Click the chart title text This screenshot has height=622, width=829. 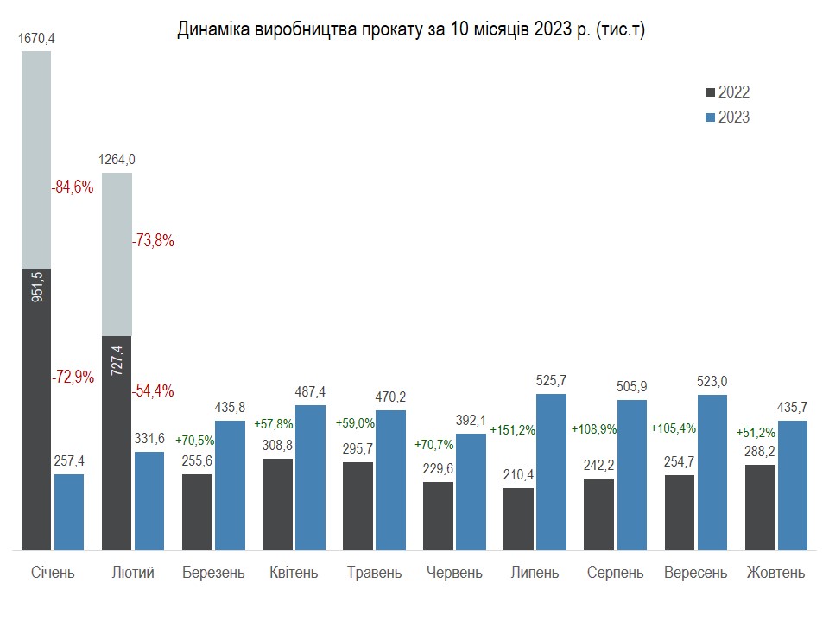click(411, 30)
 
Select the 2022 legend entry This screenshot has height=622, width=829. click(727, 92)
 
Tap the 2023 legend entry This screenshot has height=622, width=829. click(727, 117)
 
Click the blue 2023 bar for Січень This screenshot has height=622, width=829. click(69, 511)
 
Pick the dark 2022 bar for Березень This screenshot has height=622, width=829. click(197, 511)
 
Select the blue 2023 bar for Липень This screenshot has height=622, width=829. click(551, 472)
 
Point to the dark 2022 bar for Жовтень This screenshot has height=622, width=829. click(759, 507)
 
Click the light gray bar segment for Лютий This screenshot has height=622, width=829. click(117, 254)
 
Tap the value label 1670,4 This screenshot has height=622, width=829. click(36, 38)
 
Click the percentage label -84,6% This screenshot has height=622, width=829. click(73, 187)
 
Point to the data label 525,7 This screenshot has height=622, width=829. click(551, 380)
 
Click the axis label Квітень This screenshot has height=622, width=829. click(294, 573)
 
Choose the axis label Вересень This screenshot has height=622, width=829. click(695, 573)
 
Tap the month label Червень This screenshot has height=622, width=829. click(454, 573)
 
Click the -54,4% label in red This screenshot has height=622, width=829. click(153, 390)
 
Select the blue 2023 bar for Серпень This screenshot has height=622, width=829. click(632, 474)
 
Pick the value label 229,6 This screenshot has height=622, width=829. click(438, 467)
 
